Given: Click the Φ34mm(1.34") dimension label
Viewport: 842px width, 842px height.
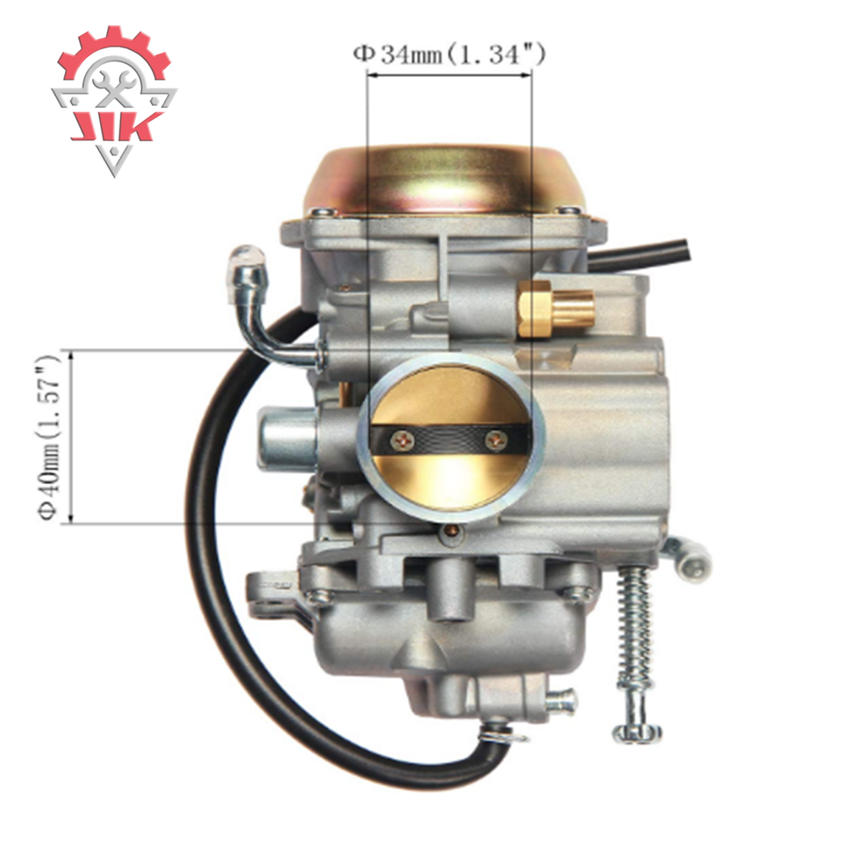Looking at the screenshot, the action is point(449,54).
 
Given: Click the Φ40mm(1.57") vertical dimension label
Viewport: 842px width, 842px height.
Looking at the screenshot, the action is point(49,438).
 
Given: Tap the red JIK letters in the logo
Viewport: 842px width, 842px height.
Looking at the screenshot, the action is point(117,126).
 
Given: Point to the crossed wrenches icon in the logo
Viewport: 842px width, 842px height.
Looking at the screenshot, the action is point(114,88).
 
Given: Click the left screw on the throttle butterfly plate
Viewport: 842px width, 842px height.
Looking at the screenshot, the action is point(403,441).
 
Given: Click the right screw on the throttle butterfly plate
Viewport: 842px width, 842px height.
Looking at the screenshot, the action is point(495,441).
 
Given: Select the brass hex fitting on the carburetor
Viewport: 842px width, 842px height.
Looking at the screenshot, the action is point(556,309).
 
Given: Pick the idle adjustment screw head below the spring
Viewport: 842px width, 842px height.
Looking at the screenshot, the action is point(638,731).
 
